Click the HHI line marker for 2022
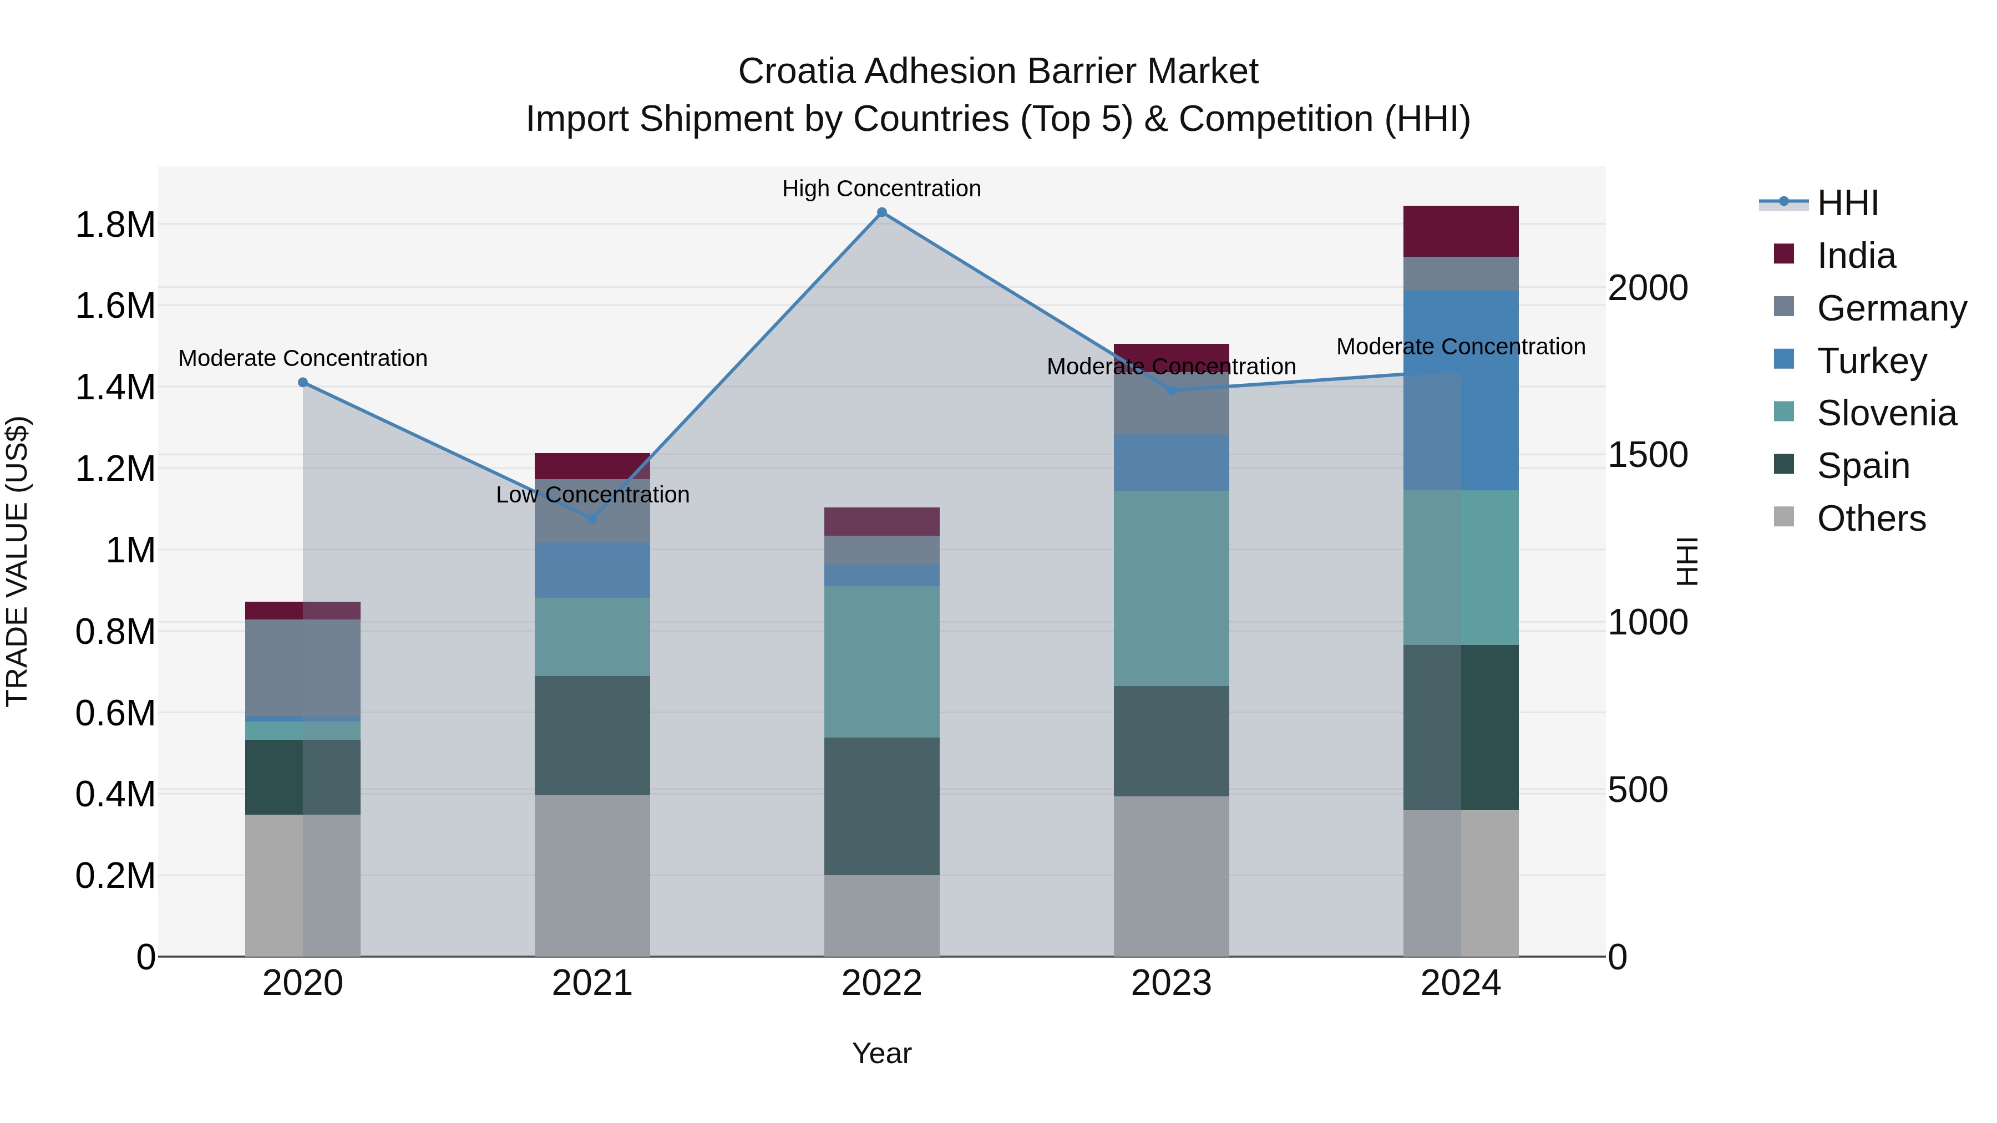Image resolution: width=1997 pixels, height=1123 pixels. (x=881, y=212)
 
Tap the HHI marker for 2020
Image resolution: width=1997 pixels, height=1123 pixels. (x=303, y=383)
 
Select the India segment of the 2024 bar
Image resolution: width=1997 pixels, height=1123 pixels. (x=1461, y=231)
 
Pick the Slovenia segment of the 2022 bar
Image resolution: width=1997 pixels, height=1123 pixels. (x=881, y=661)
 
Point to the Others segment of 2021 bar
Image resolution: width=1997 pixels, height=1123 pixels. (x=592, y=875)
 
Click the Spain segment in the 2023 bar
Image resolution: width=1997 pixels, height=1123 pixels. (x=1172, y=741)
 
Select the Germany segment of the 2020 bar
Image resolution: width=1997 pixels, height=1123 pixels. (x=303, y=668)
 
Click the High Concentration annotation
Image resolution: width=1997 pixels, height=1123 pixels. (x=881, y=189)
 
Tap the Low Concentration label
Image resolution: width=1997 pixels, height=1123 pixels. (x=592, y=495)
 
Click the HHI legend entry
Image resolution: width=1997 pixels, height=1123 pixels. (x=1847, y=203)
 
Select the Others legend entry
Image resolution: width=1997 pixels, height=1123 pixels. (x=1871, y=519)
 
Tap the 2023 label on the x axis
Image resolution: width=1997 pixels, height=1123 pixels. (x=1172, y=983)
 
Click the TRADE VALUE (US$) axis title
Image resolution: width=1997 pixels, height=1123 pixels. (x=17, y=561)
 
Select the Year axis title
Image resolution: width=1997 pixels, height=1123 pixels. (x=881, y=1053)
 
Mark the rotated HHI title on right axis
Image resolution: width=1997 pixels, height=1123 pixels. (x=1687, y=561)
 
